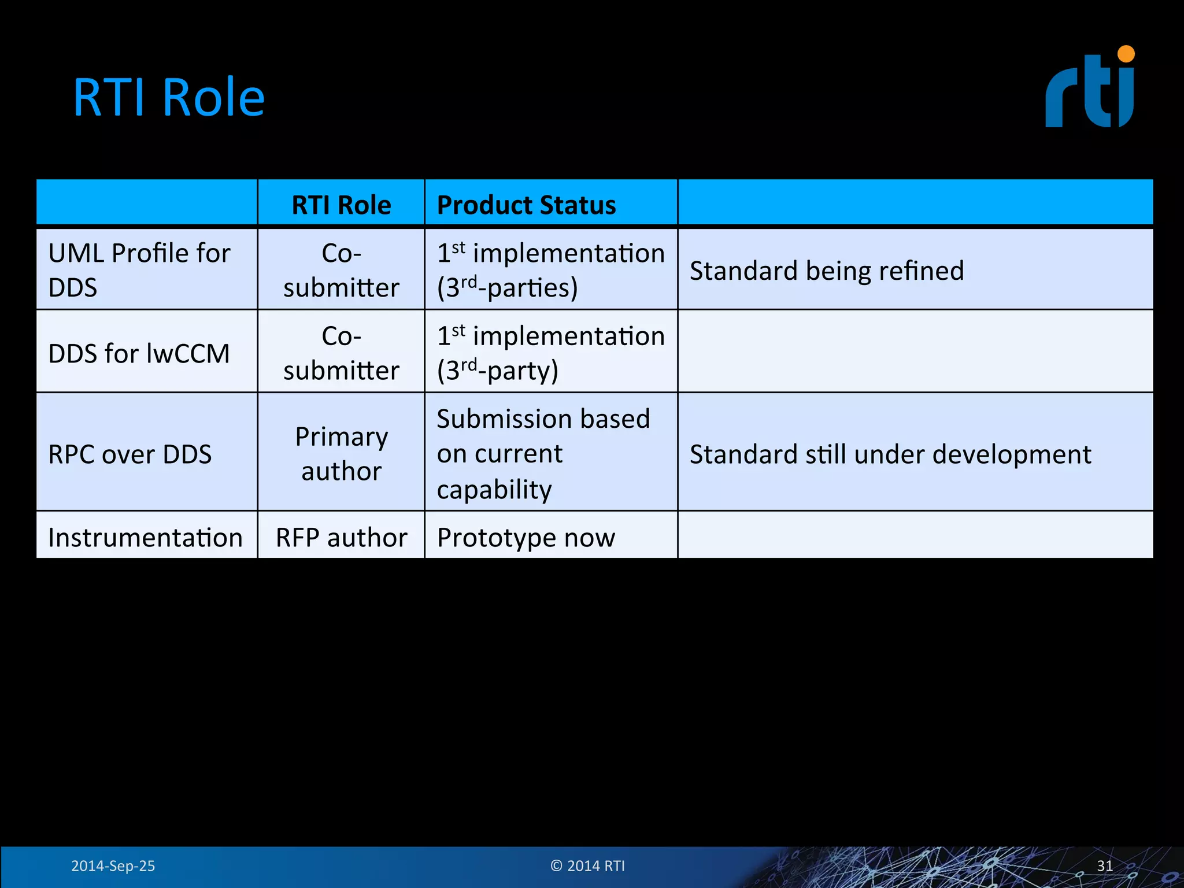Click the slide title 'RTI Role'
168,97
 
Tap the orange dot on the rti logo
1126,54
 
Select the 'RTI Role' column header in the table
341,205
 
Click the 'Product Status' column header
526,205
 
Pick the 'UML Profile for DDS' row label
139,270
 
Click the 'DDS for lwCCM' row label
139,353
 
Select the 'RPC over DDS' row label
130,454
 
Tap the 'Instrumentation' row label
145,537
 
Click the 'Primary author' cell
341,453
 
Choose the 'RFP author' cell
341,537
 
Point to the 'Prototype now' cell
526,537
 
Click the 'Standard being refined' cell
827,271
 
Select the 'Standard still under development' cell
890,454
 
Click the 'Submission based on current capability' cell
543,453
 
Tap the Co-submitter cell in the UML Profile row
341,270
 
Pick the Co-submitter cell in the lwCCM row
341,353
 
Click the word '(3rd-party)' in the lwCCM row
498,370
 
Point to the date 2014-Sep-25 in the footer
113,865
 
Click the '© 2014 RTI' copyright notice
587,865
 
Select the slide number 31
1105,865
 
